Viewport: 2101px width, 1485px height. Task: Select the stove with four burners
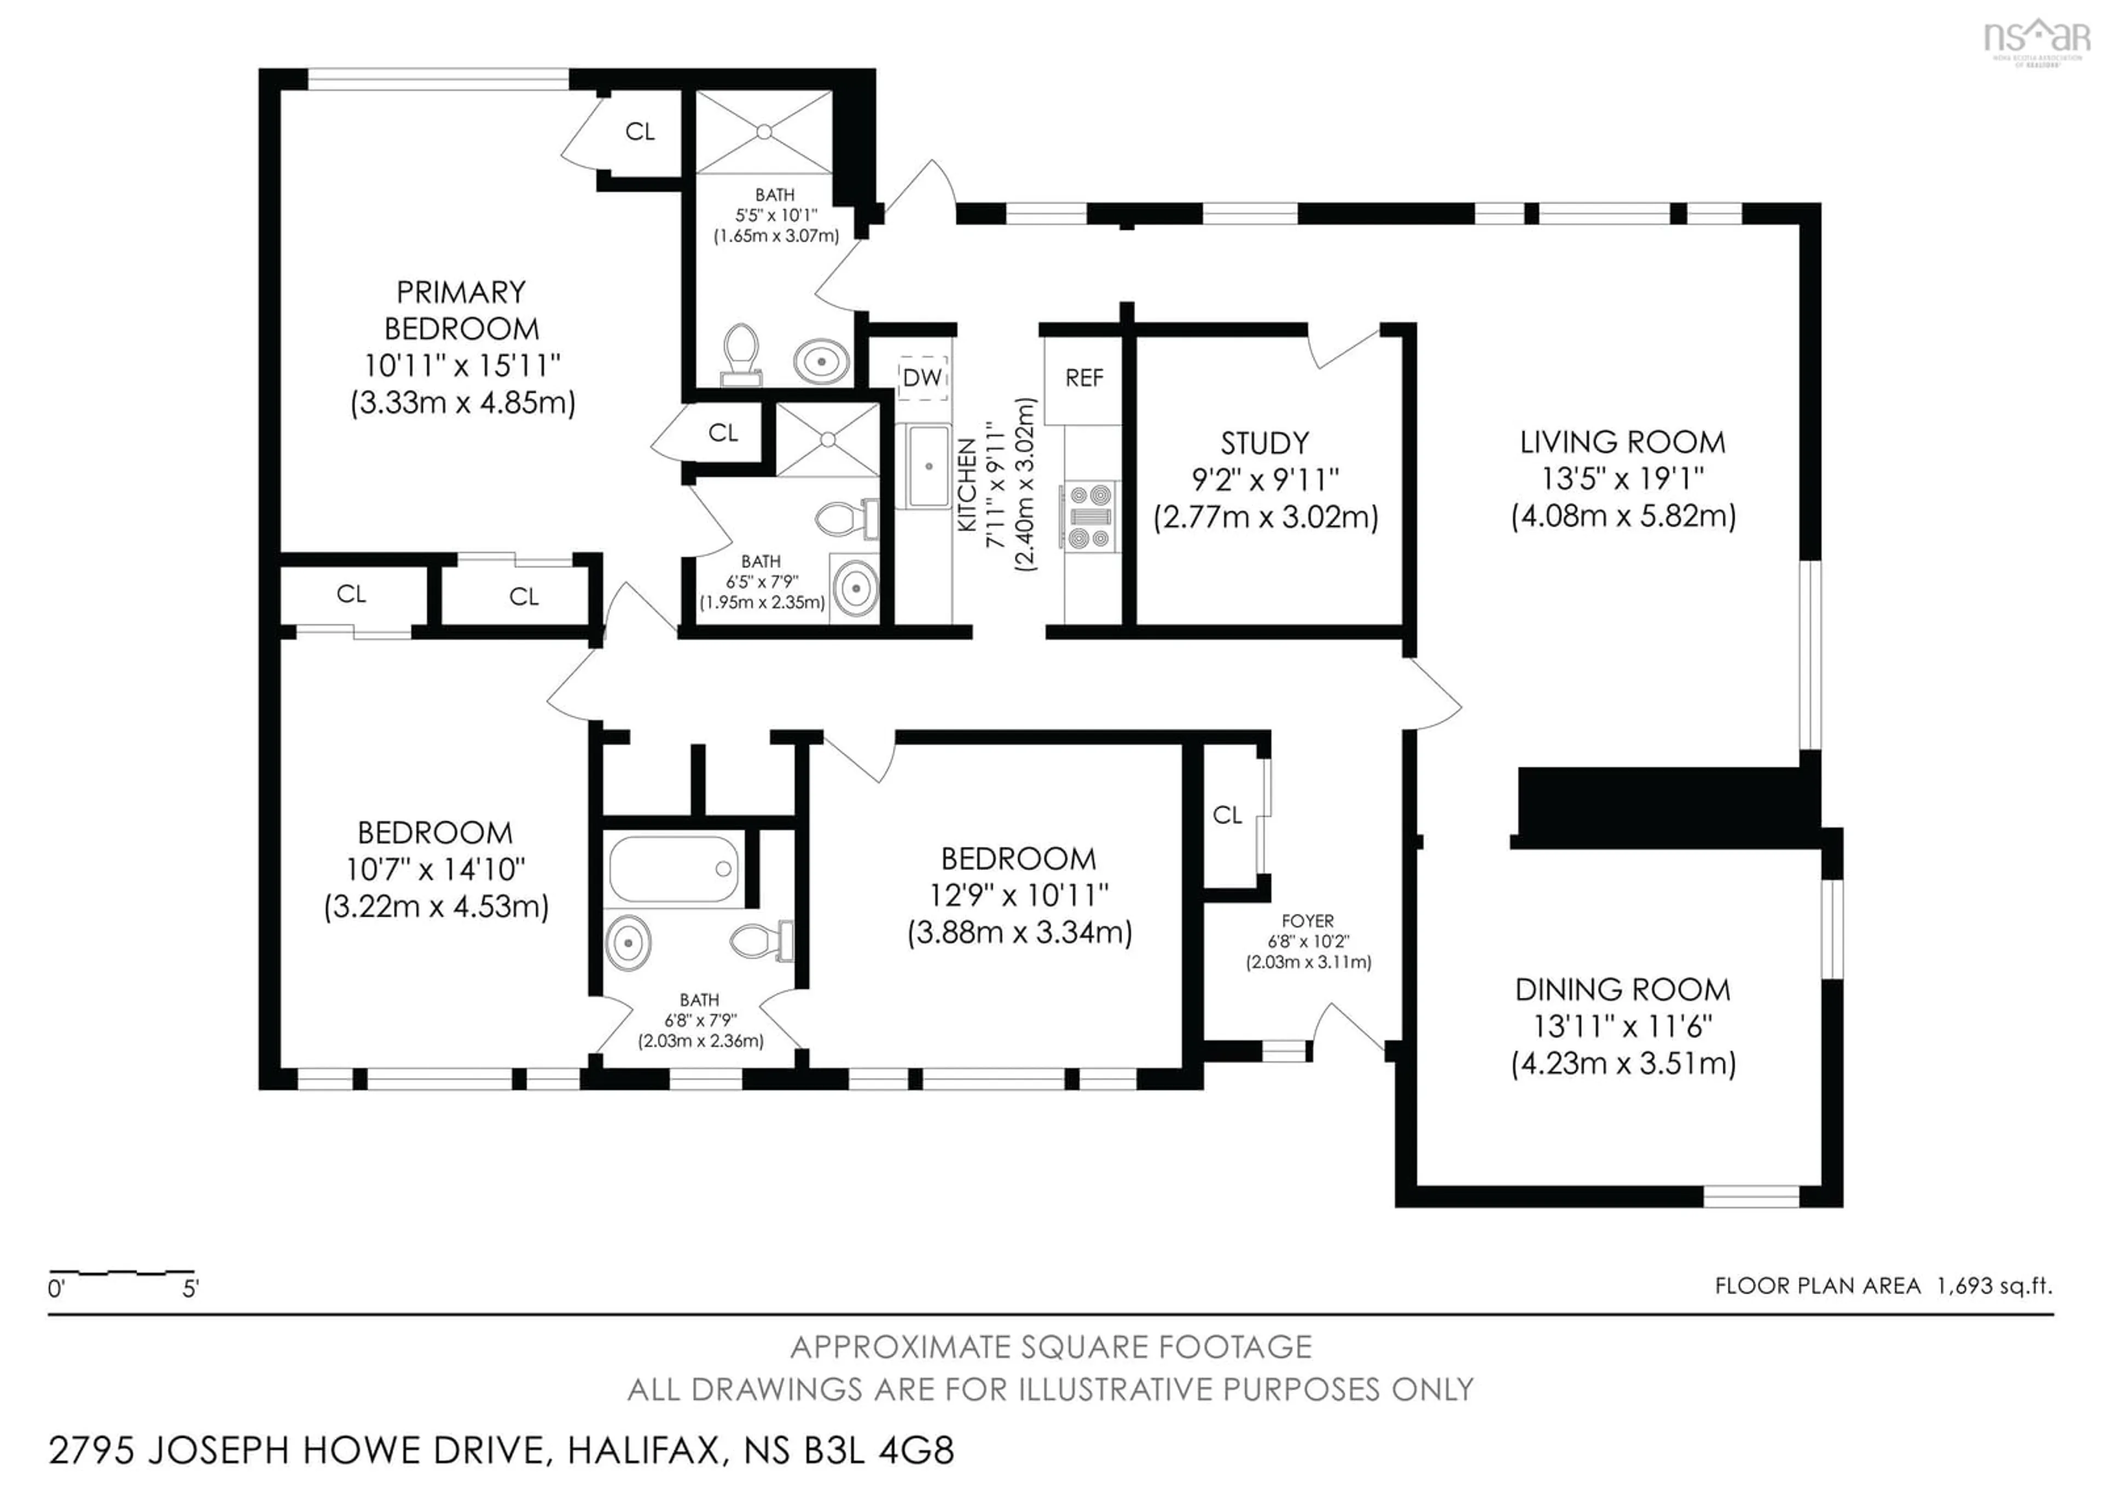1089,517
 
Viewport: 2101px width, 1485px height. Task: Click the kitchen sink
928,467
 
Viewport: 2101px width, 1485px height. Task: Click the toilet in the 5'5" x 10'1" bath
740,355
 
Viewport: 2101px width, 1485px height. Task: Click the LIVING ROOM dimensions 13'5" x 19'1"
1622,479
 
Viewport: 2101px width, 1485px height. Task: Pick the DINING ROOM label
1622,990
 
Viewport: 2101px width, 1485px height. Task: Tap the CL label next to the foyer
1227,814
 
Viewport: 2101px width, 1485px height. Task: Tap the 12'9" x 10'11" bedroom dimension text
1018,895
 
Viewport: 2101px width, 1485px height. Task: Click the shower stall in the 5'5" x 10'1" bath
764,132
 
